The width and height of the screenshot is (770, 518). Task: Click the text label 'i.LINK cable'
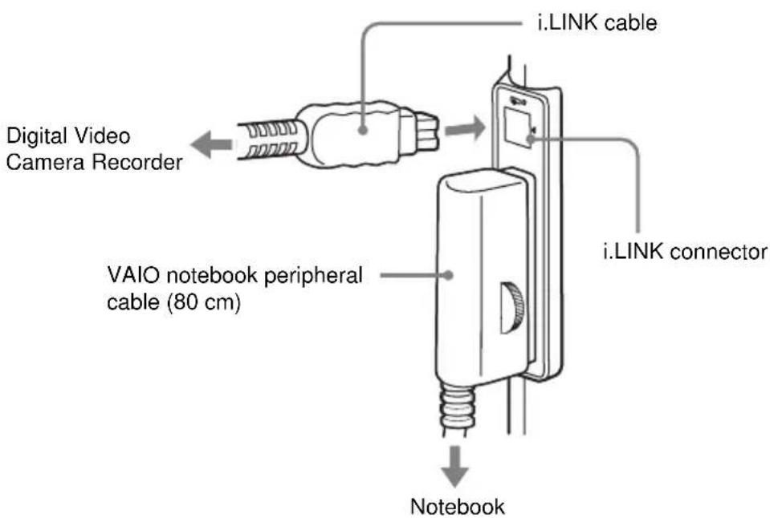point(597,22)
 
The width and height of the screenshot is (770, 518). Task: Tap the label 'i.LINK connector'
point(685,252)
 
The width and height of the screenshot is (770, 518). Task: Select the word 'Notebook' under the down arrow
point(457,506)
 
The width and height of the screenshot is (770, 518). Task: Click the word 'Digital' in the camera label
point(36,136)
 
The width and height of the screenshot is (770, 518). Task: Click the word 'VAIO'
point(133,275)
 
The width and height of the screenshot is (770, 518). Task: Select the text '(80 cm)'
point(204,301)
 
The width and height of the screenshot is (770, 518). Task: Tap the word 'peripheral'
point(313,276)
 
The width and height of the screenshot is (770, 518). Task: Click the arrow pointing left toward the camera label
point(211,144)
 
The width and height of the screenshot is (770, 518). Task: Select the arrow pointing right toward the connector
point(465,129)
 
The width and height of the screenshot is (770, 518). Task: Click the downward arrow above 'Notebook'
point(454,466)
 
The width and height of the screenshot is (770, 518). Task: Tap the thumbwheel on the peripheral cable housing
point(512,308)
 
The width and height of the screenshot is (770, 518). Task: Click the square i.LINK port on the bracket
point(519,127)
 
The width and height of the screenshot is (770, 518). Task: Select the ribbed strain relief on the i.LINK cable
point(267,140)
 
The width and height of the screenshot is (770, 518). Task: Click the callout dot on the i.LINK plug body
point(362,130)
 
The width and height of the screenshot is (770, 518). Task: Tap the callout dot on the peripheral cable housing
point(447,275)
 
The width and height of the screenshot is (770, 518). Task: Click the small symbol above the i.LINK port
point(518,102)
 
